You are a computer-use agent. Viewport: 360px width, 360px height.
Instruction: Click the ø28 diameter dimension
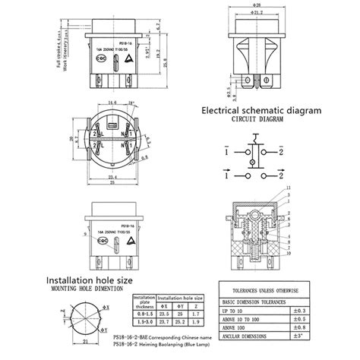[255, 5]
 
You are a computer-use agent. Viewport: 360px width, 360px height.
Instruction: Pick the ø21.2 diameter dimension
[255, 12]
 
